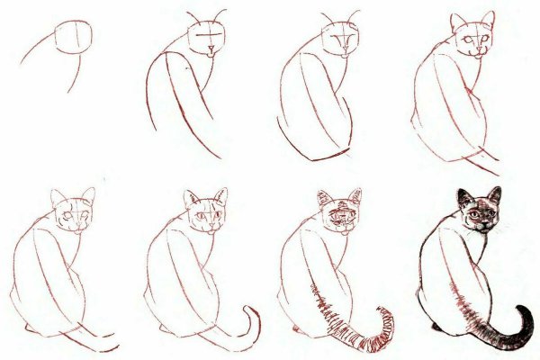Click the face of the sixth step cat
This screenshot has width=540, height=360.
[206, 220]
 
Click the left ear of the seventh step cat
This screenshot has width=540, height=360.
[323, 197]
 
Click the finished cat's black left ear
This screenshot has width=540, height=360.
[463, 197]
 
